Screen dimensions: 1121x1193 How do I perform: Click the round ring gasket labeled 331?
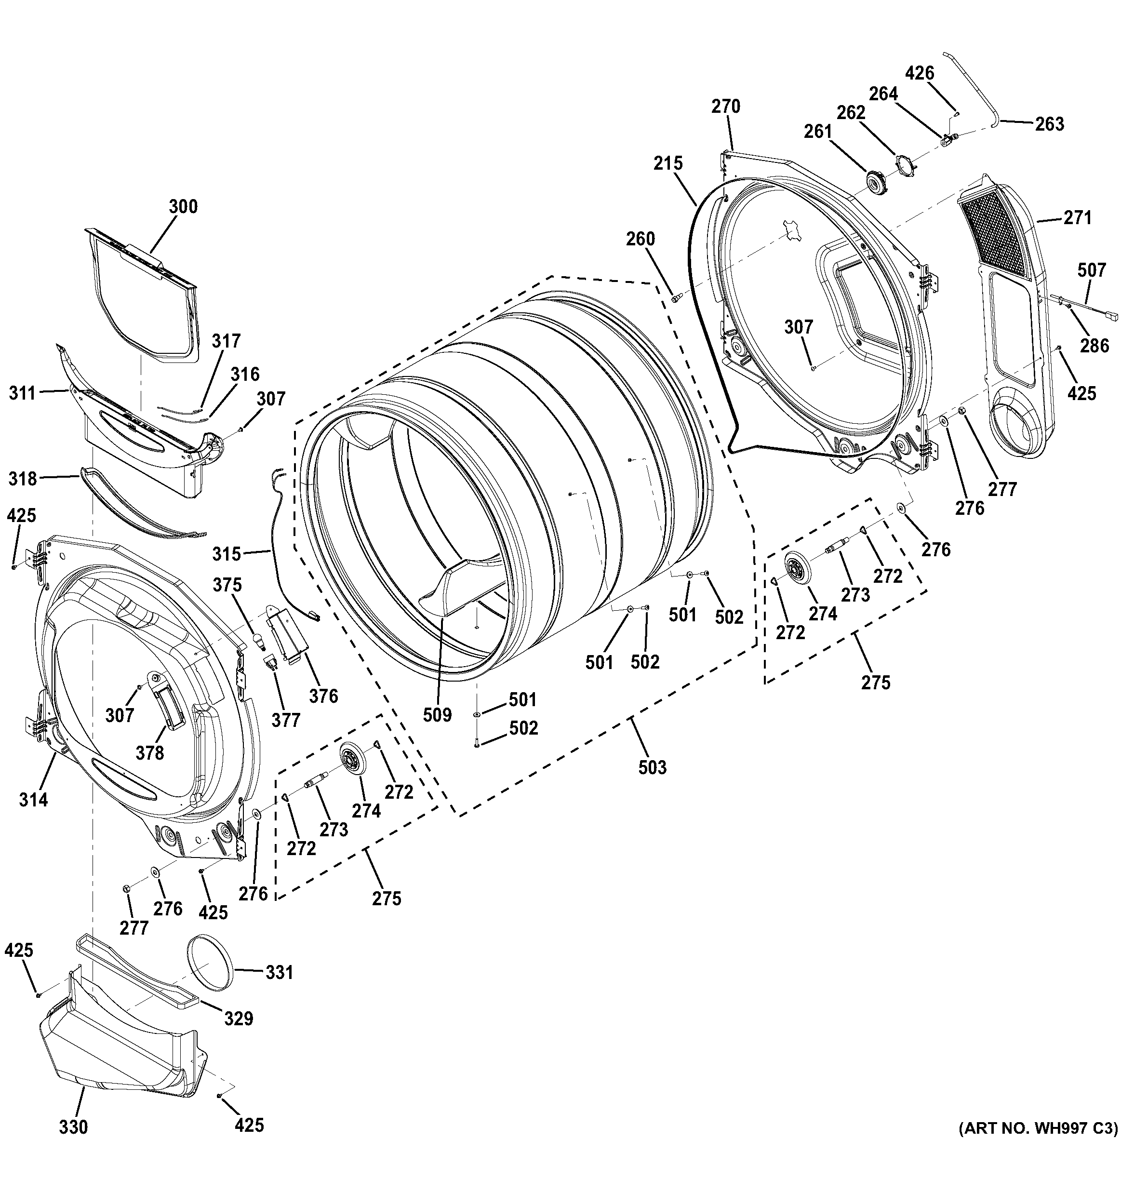210,973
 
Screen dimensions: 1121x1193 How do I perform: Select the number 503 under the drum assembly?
653,767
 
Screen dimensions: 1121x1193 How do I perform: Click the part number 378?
149,752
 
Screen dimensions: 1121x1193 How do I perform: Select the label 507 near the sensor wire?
1091,270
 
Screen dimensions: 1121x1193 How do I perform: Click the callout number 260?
641,239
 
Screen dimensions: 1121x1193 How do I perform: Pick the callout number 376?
323,696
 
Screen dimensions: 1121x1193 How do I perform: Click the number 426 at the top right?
920,73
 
